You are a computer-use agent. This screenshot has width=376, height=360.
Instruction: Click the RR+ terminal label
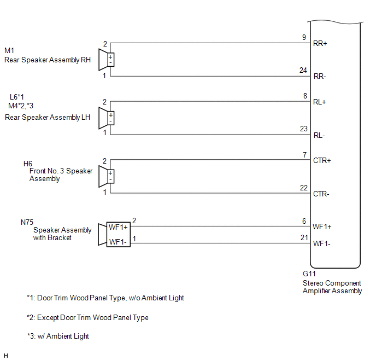pyautogui.click(x=320, y=43)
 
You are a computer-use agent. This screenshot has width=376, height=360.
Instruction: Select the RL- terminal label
pyautogui.click(x=319, y=135)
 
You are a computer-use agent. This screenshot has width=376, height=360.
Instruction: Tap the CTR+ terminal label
pyautogui.click(x=321, y=160)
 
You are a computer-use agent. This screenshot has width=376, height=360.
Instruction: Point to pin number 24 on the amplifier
pyautogui.click(x=304, y=70)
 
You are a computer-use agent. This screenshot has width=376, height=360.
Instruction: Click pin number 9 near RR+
pyautogui.click(x=304, y=37)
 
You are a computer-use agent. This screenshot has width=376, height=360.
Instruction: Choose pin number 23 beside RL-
pyautogui.click(x=304, y=129)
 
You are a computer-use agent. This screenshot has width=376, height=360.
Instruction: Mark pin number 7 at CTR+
pyautogui.click(x=304, y=155)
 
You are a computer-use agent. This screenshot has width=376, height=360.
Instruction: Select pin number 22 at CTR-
pyautogui.click(x=304, y=188)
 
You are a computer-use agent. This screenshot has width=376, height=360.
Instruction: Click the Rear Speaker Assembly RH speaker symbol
pyautogui.click(x=105, y=60)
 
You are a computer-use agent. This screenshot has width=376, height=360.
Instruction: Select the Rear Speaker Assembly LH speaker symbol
pyautogui.click(x=105, y=118)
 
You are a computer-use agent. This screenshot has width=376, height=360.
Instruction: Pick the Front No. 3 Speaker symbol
pyautogui.click(x=105, y=177)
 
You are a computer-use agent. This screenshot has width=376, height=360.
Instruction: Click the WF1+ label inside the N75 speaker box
pyautogui.click(x=119, y=228)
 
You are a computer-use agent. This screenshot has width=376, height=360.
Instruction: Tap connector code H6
pyautogui.click(x=28, y=164)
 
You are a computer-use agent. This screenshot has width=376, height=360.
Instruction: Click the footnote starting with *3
pyautogui.click(x=58, y=336)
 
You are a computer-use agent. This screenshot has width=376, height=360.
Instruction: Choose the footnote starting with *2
pyautogui.click(x=87, y=317)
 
